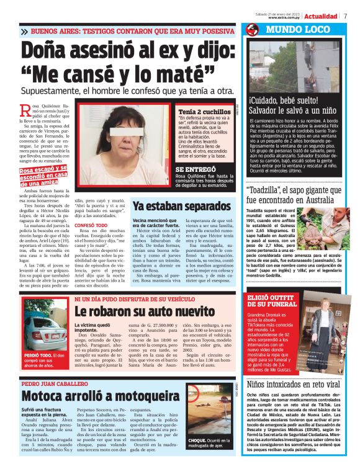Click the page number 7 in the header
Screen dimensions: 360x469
click(x=346, y=16)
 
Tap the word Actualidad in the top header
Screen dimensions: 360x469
click(x=321, y=16)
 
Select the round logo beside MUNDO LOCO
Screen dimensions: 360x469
click(x=252, y=29)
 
